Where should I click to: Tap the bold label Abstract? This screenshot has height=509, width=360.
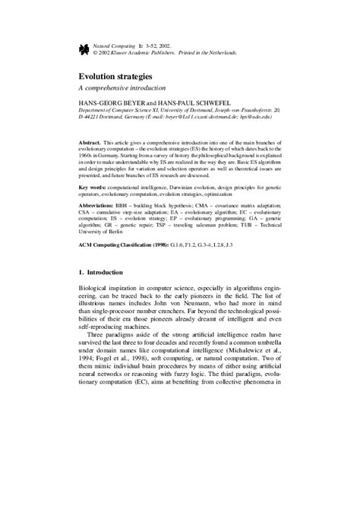pos(94,142)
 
